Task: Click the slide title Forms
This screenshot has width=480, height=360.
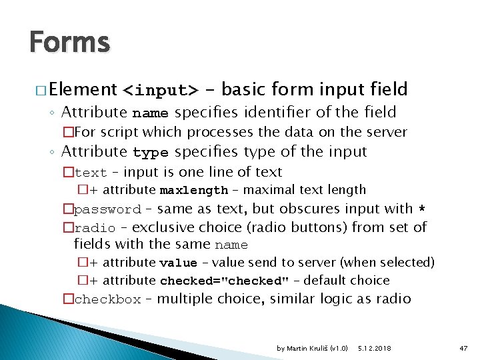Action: (69, 43)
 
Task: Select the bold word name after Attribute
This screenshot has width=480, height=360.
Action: (150, 113)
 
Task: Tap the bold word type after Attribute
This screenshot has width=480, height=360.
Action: (151, 153)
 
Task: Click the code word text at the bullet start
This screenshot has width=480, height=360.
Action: (91, 173)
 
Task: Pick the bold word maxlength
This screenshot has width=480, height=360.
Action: (193, 191)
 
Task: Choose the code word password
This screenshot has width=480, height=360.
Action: (107, 209)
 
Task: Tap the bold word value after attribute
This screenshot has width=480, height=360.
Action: (178, 263)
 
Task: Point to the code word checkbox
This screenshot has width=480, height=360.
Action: (107, 299)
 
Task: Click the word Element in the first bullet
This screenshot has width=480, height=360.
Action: (83, 89)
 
